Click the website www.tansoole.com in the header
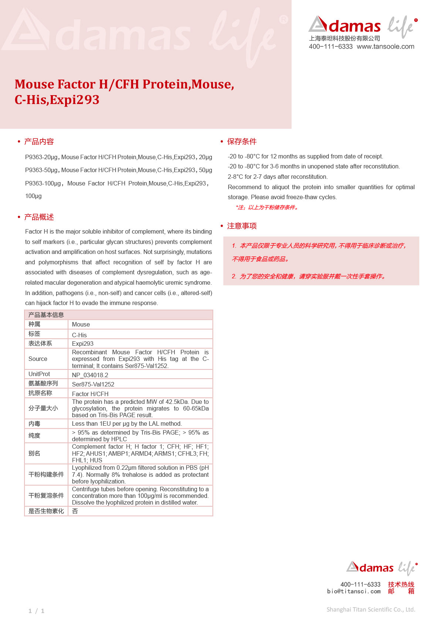pyautogui.click(x=385, y=47)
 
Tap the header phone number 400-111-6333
pyautogui.click(x=331, y=47)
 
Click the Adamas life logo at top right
pyautogui.click(x=363, y=26)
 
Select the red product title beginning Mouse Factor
pyautogui.click(x=124, y=92)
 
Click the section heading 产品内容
pyautogui.click(x=39, y=141)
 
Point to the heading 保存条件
pyautogui.click(x=241, y=141)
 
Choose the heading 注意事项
pyautogui.click(x=241, y=226)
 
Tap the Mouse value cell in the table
pyautogui.click(x=81, y=325)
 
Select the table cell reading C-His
pyautogui.click(x=79, y=335)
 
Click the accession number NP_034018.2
pyautogui.click(x=90, y=375)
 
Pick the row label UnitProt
pyautogui.click(x=39, y=374)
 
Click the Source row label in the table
pyautogui.click(x=38, y=359)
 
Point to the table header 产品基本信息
pyautogui.click(x=46, y=315)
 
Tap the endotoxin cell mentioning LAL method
pyautogui.click(x=127, y=424)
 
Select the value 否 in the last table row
pyautogui.click(x=75, y=511)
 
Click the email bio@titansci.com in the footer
pyautogui.click(x=353, y=592)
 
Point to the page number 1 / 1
pyautogui.click(x=36, y=611)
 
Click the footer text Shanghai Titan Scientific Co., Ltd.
pyautogui.click(x=370, y=610)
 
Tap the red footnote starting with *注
pyautogui.click(x=267, y=207)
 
